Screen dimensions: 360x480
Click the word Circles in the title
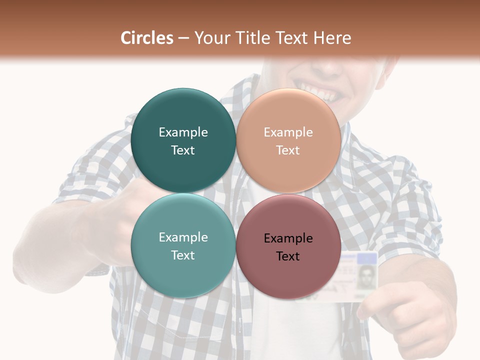pos(147,38)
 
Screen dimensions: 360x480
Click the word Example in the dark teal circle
pos(183,132)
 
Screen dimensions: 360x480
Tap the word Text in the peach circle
pos(288,150)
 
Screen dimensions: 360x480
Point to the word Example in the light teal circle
pos(183,237)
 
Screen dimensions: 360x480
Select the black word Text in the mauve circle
pos(288,256)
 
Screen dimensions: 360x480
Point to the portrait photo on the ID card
pos(367,275)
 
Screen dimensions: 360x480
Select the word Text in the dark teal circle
pos(183,150)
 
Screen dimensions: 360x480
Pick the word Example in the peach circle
pos(288,132)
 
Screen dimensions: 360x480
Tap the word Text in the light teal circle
pos(183,255)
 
